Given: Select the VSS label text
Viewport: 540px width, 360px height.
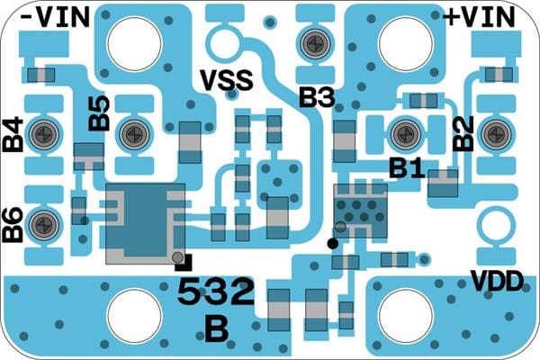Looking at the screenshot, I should point(225,82).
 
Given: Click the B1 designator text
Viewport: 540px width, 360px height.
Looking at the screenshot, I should point(406,168).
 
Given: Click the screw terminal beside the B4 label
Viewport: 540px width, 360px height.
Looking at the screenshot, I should point(42,134).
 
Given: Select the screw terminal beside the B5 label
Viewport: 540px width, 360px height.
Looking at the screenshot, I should point(133,134).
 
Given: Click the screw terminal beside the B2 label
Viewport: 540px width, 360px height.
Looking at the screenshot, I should point(494,134).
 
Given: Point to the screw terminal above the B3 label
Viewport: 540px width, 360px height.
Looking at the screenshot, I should point(314,41).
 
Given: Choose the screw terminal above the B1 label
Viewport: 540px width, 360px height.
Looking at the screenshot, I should point(404,134).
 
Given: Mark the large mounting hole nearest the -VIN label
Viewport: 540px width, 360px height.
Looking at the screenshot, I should point(133,41).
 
